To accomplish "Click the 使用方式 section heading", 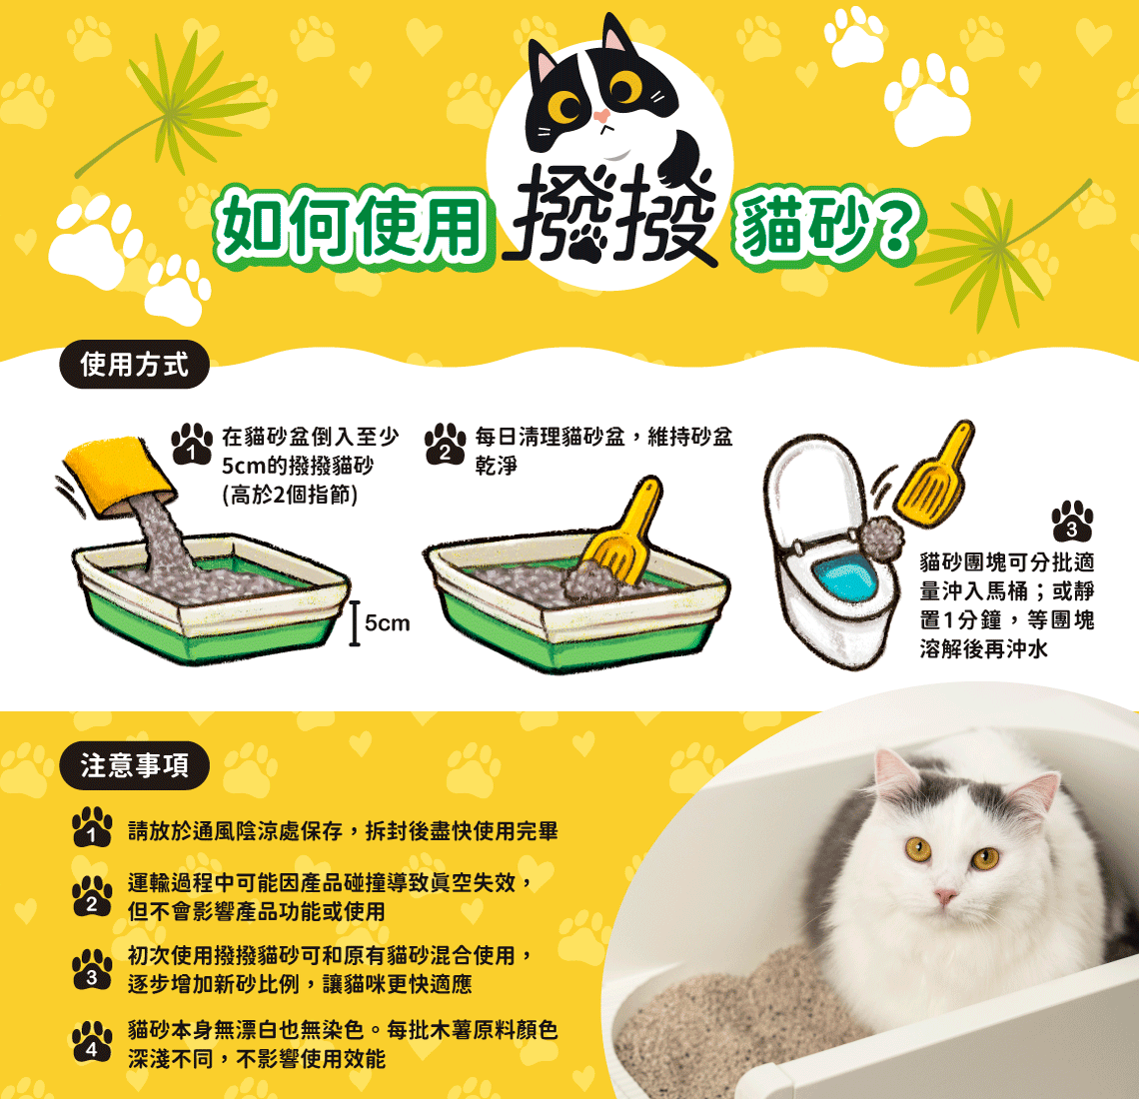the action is (135, 364).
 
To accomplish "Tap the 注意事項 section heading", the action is (135, 765).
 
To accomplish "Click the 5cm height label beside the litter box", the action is (388, 623).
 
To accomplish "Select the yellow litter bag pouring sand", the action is (118, 476).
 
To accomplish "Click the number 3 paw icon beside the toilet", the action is (1072, 521).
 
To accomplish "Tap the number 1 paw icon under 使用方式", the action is (192, 444).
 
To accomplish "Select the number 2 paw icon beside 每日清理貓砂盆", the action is (445, 444).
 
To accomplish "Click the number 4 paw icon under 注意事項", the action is (92, 1042).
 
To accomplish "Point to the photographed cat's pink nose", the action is (945, 895).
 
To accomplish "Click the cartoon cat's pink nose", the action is (601, 116).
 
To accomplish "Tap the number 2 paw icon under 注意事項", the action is (92, 896).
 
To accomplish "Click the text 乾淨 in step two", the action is (497, 466).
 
